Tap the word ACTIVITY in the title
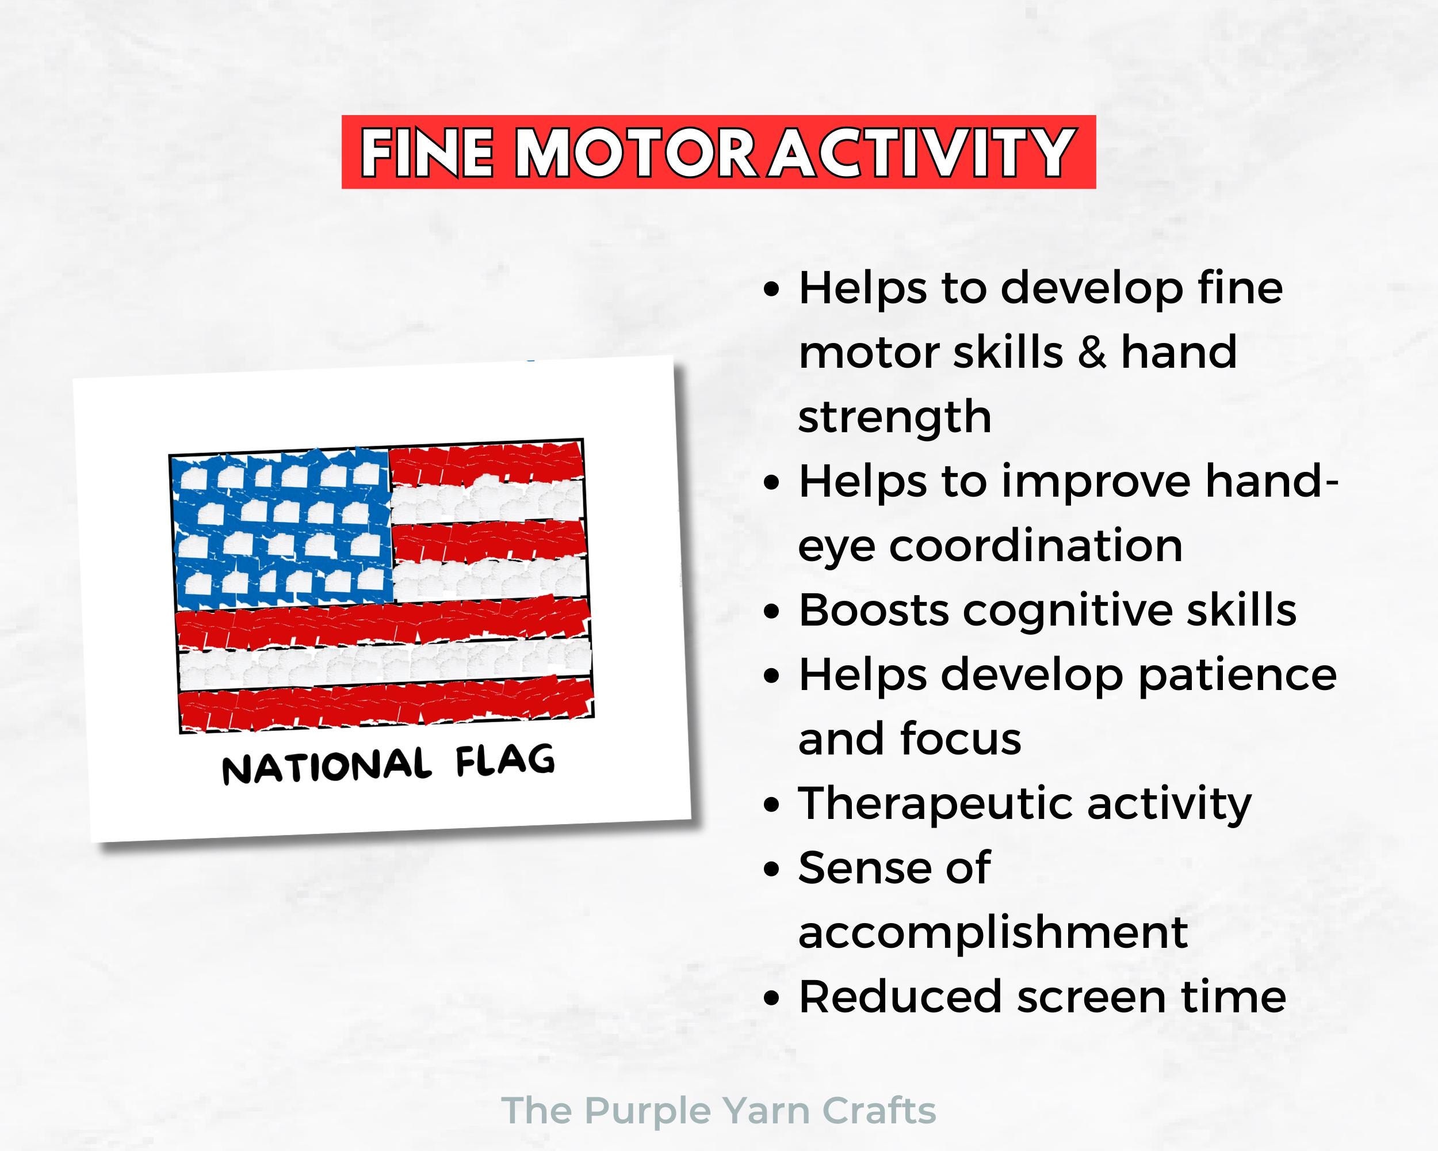pyautogui.click(x=920, y=153)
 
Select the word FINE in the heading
pyautogui.click(x=427, y=153)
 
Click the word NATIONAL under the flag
pyautogui.click(x=326, y=767)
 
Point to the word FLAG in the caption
pyautogui.click(x=505, y=761)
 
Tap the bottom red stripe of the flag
pyautogui.click(x=387, y=704)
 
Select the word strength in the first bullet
pyautogui.click(x=894, y=418)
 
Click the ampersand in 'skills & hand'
pyautogui.click(x=1091, y=352)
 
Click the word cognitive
pyautogui.click(x=1068, y=610)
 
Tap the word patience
pyautogui.click(x=1237, y=674)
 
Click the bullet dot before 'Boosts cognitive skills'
pyautogui.click(x=772, y=612)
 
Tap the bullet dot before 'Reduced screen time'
pyautogui.click(x=772, y=999)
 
